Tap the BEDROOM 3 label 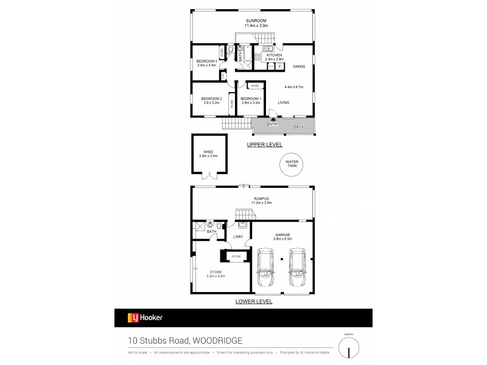tap(206, 61)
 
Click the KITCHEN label tap(273, 55)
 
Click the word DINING tap(299, 66)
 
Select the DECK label tap(299, 127)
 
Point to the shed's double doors tap(211, 176)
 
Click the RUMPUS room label tap(254, 197)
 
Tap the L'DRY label tap(238, 237)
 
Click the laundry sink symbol tap(242, 224)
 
